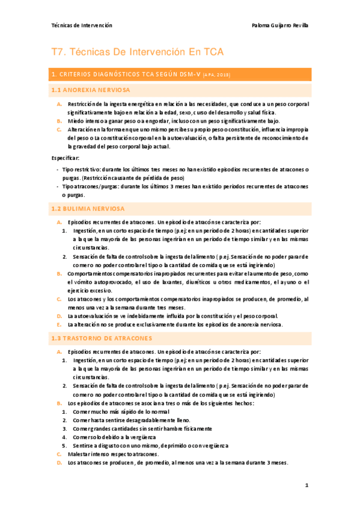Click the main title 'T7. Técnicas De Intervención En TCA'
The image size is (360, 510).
[x=138, y=52]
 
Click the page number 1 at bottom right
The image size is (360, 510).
[x=307, y=485]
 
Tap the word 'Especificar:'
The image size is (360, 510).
[x=66, y=157]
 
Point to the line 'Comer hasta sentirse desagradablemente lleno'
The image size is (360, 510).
[x=131, y=420]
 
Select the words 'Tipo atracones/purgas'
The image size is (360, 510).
[x=90, y=187]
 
